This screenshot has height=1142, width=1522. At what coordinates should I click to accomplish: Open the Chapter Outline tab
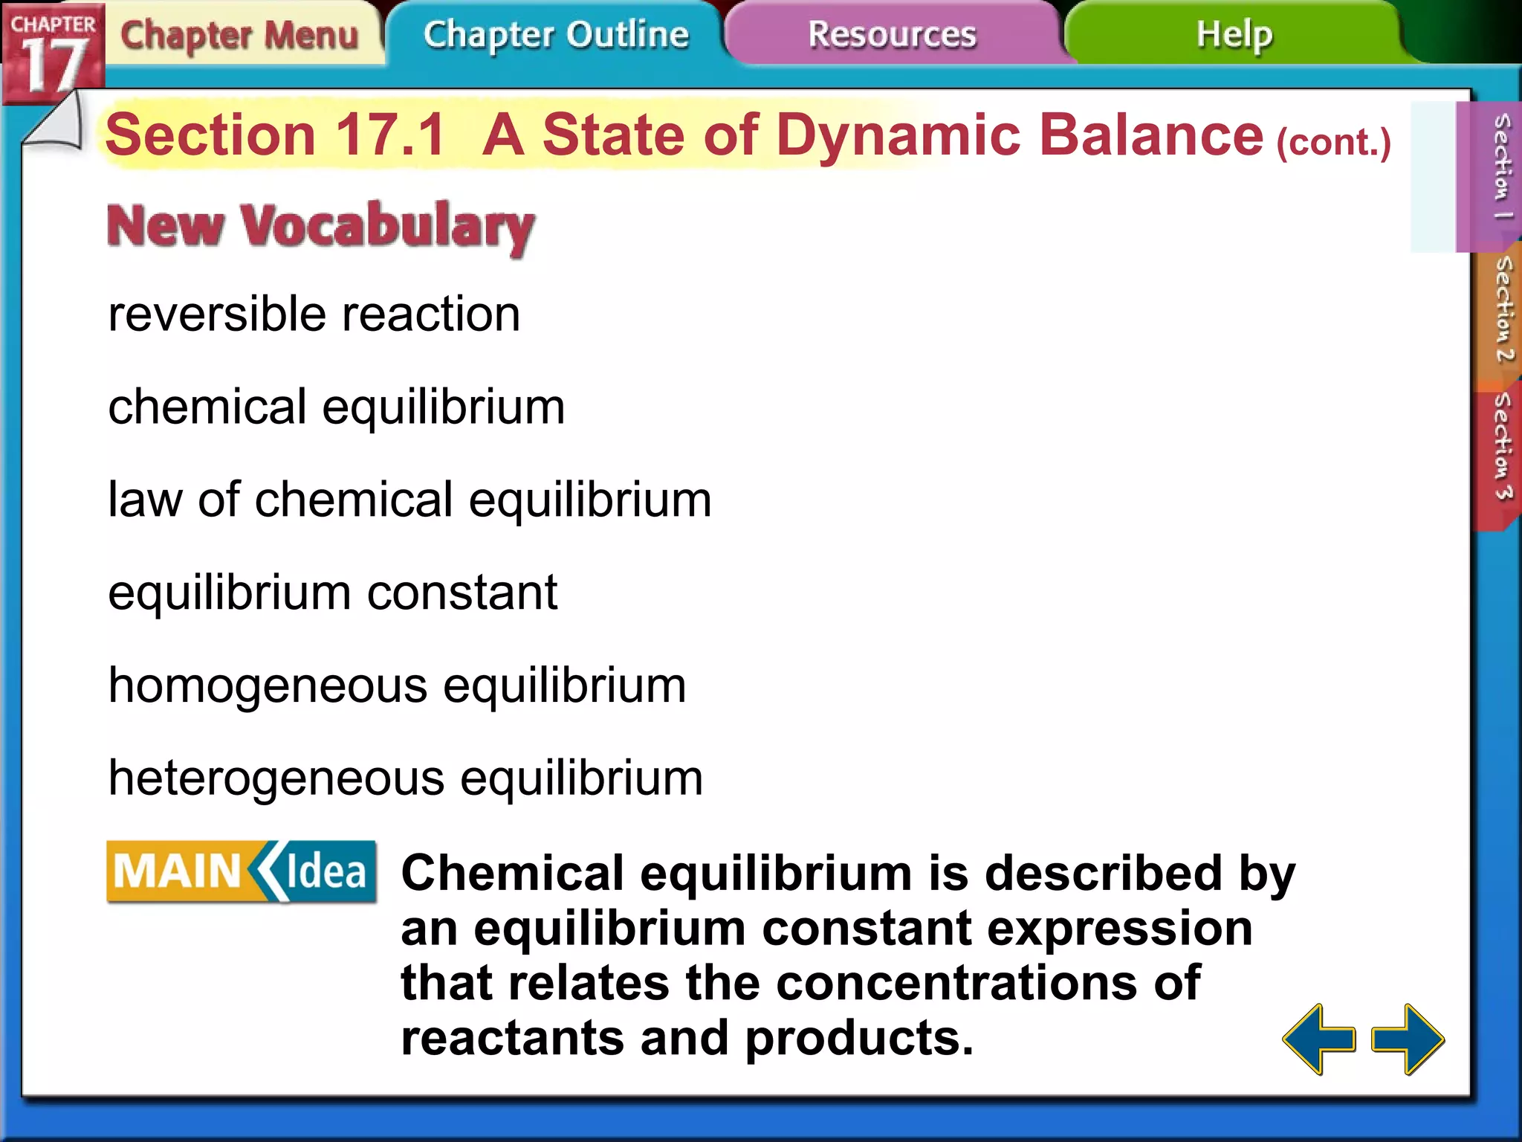pyautogui.click(x=556, y=34)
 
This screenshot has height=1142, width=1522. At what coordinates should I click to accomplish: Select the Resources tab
pyautogui.click(x=892, y=34)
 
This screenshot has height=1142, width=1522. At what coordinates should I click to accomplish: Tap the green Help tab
pyautogui.click(x=1234, y=34)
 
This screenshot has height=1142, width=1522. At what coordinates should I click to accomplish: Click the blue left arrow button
pyautogui.click(x=1319, y=1039)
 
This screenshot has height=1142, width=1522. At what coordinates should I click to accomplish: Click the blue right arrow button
pyautogui.click(x=1408, y=1039)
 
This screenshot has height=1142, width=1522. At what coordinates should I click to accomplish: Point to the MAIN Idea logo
pyautogui.click(x=242, y=871)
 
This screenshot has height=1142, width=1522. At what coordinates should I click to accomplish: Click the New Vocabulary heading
pyautogui.click(x=320, y=226)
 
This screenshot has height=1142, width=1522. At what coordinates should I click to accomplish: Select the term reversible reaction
pyautogui.click(x=314, y=314)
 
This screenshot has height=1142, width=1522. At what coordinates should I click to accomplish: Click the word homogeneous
pyautogui.click(x=268, y=685)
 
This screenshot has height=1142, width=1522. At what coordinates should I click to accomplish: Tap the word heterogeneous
pyautogui.click(x=276, y=778)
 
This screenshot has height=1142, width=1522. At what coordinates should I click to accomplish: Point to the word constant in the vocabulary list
pyautogui.click(x=462, y=593)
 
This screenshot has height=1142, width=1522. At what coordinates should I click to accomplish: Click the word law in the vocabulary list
pyautogui.click(x=145, y=500)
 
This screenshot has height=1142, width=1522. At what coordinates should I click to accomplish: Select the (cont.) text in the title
pyautogui.click(x=1333, y=142)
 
